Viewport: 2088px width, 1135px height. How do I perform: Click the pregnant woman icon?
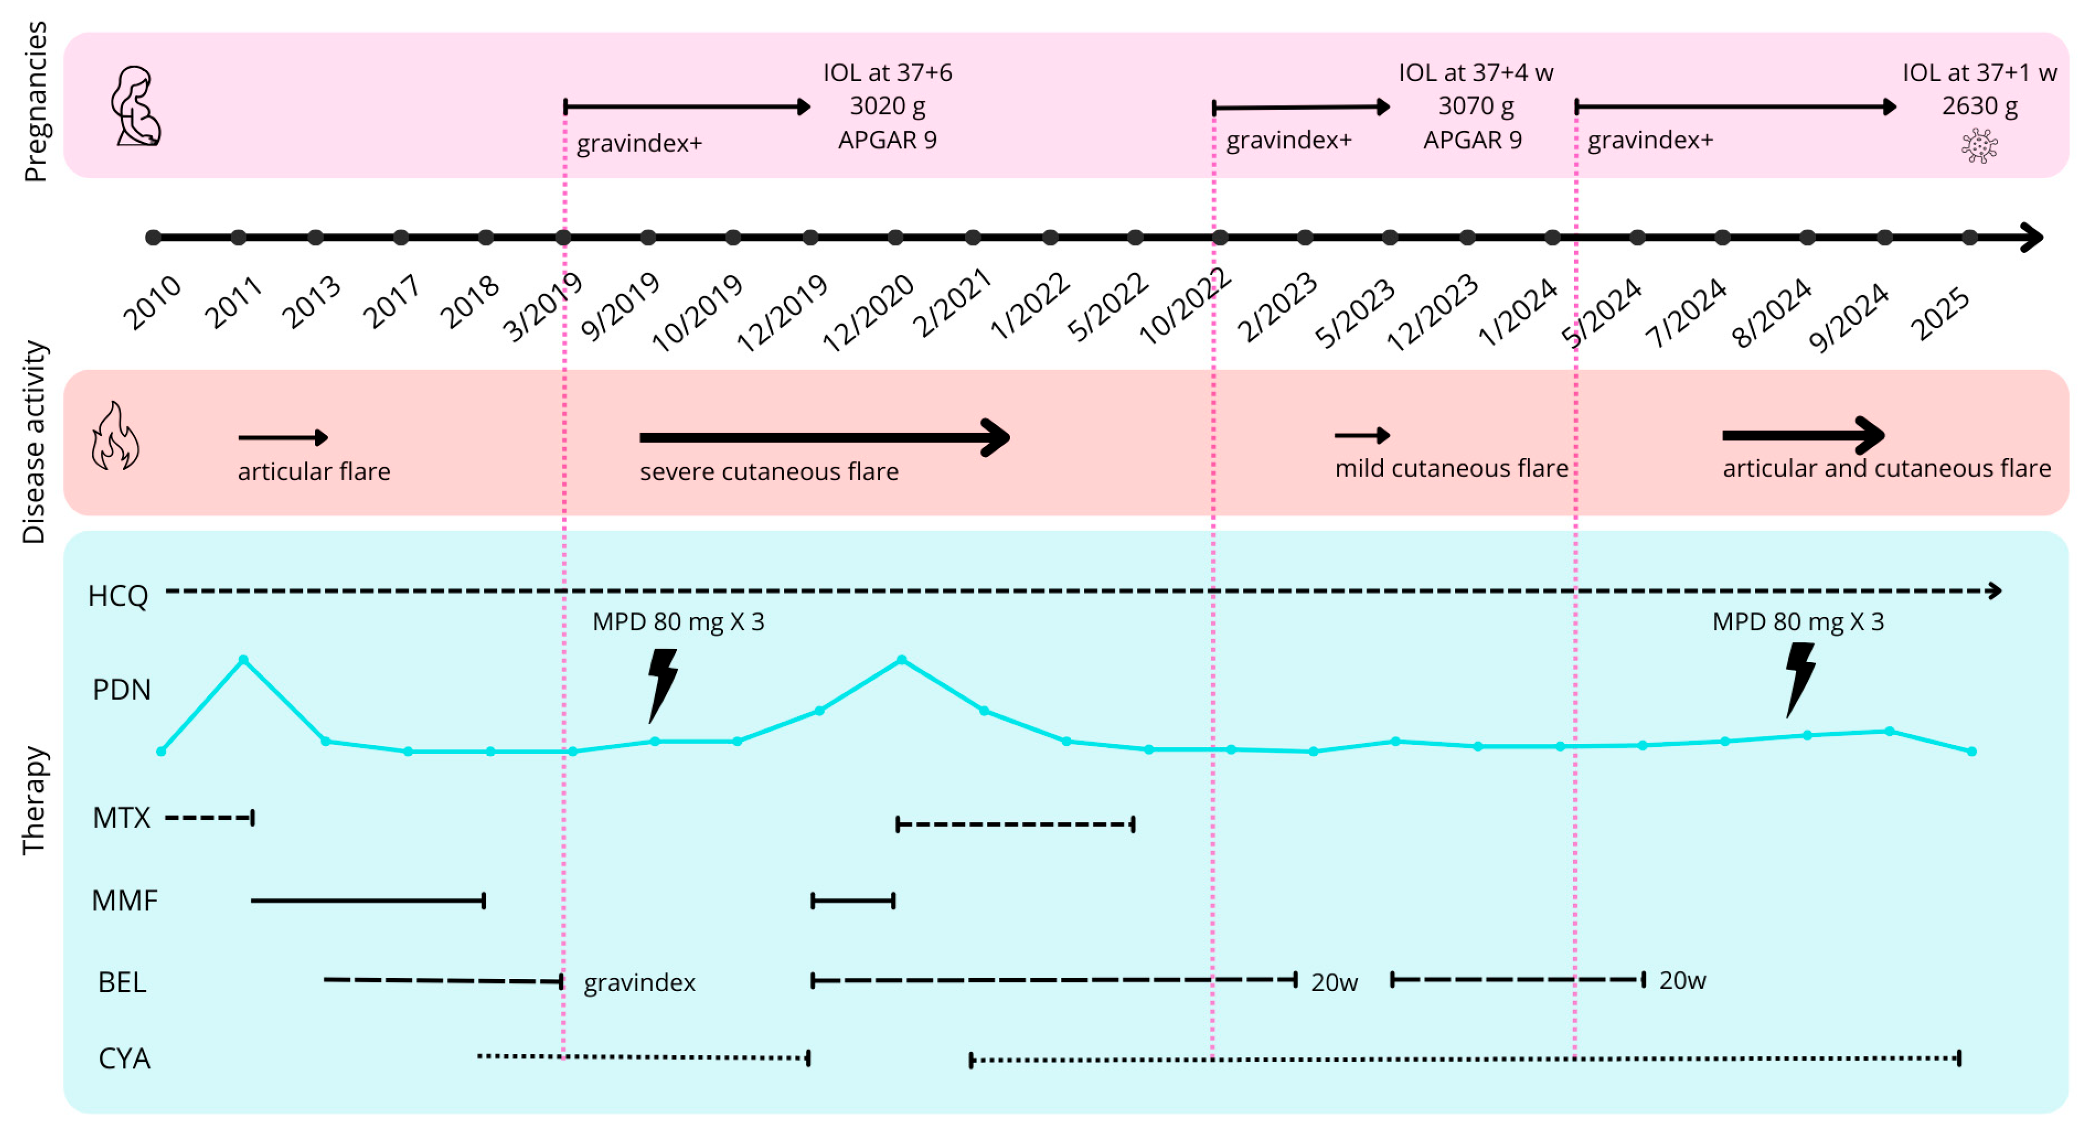click(136, 106)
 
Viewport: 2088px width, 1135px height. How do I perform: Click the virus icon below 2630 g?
click(1979, 147)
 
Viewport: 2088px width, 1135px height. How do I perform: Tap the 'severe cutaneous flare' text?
click(769, 471)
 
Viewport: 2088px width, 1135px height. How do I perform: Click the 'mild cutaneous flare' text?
click(1451, 468)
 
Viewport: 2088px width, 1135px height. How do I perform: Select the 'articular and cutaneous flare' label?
click(1886, 468)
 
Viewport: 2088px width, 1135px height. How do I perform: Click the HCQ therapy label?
click(118, 596)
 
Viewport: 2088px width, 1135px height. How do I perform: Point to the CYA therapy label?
click(124, 1058)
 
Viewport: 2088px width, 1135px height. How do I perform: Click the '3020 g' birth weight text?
click(887, 106)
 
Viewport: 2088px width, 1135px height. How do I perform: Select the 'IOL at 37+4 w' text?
click(1475, 73)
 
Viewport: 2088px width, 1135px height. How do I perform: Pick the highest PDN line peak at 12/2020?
click(902, 660)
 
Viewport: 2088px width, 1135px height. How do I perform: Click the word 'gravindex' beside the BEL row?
click(639, 983)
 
